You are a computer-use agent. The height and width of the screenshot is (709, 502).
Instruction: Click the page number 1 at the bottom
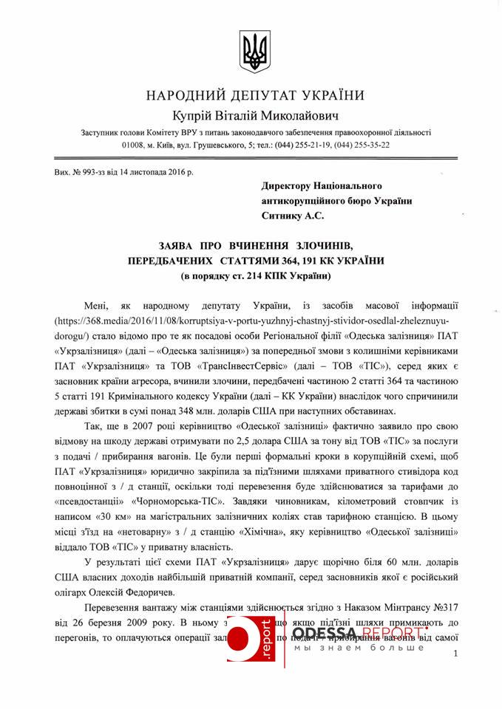click(456, 653)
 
